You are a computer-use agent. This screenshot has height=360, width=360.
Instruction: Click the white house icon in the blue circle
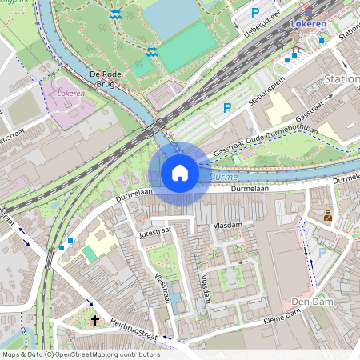point(180,173)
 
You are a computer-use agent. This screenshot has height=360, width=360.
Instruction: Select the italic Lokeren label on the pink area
point(71,93)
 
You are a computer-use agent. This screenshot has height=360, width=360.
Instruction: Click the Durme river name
point(225,176)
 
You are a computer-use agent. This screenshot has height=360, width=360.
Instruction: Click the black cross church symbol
point(95,320)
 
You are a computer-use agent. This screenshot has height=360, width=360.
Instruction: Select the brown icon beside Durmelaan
point(328,214)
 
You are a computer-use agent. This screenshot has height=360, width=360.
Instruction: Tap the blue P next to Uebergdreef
point(255,12)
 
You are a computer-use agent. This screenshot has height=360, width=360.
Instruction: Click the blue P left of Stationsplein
point(227,107)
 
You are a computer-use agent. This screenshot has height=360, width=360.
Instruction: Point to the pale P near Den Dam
point(322,252)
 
